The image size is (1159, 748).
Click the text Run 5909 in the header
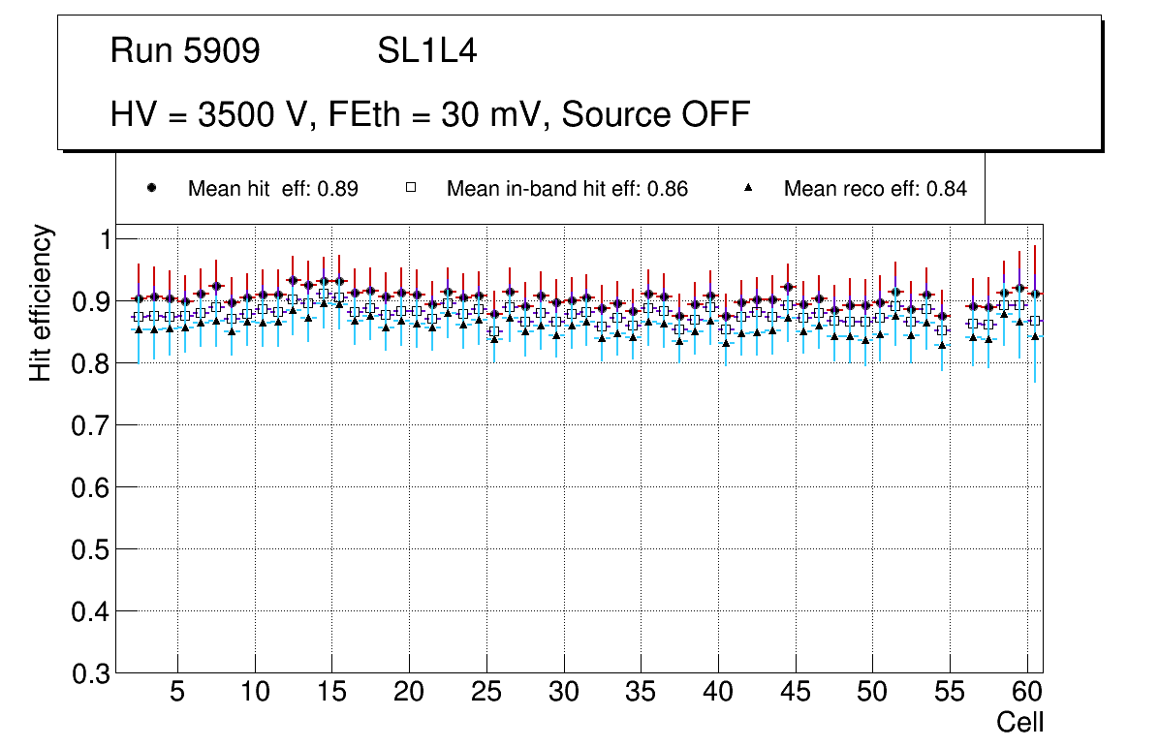pyautogui.click(x=185, y=51)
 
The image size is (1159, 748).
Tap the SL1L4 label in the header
pyautogui.click(x=426, y=51)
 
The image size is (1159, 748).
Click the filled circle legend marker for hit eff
pyautogui.click(x=151, y=188)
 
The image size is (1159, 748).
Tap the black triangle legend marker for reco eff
pyautogui.click(x=748, y=188)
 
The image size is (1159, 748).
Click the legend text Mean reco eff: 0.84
pyautogui.click(x=875, y=189)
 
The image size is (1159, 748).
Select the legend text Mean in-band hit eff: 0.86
pyautogui.click(x=567, y=189)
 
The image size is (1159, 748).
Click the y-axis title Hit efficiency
pyautogui.click(x=41, y=302)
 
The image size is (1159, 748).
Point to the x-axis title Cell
pyautogui.click(x=1020, y=723)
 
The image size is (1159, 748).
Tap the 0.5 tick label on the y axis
pyautogui.click(x=92, y=549)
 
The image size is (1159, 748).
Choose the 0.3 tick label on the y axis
pyautogui.click(x=92, y=673)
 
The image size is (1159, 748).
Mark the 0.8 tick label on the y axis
pyautogui.click(x=92, y=363)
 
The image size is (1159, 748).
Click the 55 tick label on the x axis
pyautogui.click(x=950, y=694)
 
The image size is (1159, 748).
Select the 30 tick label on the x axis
pyautogui.click(x=564, y=694)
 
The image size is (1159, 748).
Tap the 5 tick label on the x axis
pyautogui.click(x=177, y=694)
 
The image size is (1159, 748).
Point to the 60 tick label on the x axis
pyautogui.click(x=1027, y=694)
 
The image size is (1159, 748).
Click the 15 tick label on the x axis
pyautogui.click(x=331, y=694)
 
